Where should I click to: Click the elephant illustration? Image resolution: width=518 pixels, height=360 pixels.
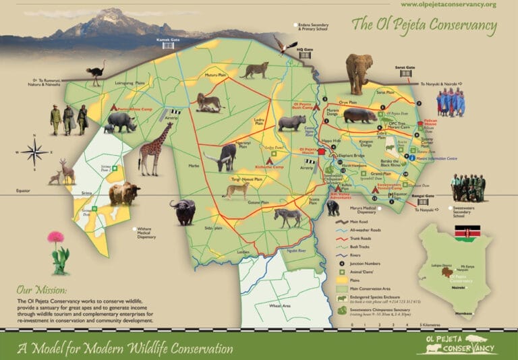pos(359,73)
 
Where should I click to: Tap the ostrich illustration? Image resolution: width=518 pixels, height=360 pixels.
pos(98,71)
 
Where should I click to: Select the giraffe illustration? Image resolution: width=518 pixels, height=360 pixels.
pos(154,148)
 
